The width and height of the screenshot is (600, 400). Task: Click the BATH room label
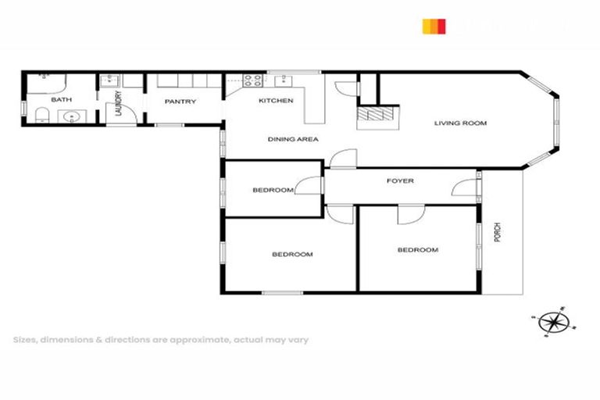pyautogui.click(x=61, y=101)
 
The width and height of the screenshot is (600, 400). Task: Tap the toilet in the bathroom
pyautogui.click(x=42, y=117)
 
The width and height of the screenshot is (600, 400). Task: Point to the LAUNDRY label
pyautogui.click(x=119, y=103)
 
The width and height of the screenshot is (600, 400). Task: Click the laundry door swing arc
pyautogui.click(x=134, y=114)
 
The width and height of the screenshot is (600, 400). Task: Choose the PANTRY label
pyautogui.click(x=180, y=102)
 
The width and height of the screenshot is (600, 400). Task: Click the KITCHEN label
pyautogui.click(x=276, y=101)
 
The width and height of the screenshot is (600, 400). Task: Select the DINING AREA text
pyautogui.click(x=293, y=139)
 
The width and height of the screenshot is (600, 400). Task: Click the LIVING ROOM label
pyautogui.click(x=461, y=123)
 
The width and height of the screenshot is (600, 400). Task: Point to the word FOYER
pyautogui.click(x=400, y=181)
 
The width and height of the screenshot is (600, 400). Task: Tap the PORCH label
pyautogui.click(x=497, y=232)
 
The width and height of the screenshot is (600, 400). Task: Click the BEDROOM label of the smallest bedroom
pyautogui.click(x=273, y=190)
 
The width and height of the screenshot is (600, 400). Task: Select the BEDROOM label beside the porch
pyautogui.click(x=418, y=250)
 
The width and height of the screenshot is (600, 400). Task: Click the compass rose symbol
pyautogui.click(x=552, y=321)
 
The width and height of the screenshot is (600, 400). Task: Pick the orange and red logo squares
pyautogui.click(x=434, y=27)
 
